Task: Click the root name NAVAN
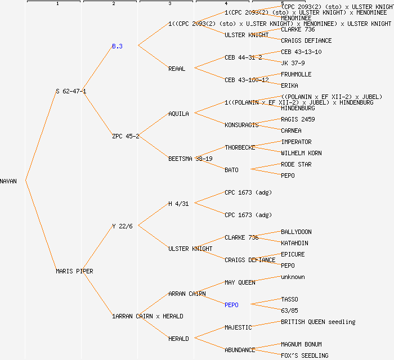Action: coord(8,181)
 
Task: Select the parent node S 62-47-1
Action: coord(71,91)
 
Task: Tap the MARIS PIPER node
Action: coord(74,271)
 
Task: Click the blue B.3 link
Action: coord(117,46)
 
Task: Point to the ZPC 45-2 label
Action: coord(126,136)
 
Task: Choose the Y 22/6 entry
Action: coord(122,226)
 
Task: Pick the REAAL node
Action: coord(177,69)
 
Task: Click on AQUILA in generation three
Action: coord(178,114)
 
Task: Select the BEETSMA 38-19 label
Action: coord(190,159)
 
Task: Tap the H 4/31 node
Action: coord(178,204)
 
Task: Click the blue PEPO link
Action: coord(231,305)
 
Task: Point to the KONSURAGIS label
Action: coord(241,125)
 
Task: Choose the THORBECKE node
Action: coord(240,147)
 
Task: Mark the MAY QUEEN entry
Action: coord(240,282)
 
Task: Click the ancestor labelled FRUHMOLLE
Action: coord(296,74)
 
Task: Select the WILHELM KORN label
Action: coord(301,153)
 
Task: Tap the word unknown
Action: coord(293,277)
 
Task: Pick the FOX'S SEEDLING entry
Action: coord(305,355)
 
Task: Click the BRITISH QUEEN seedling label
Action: coord(318,322)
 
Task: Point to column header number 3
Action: coord(169,4)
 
